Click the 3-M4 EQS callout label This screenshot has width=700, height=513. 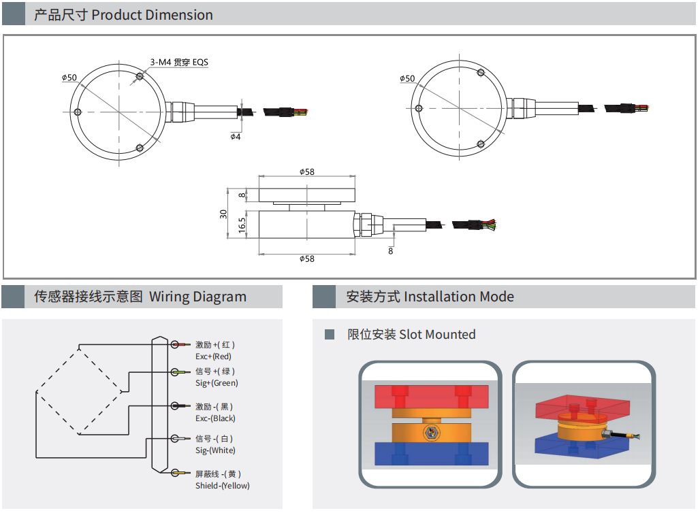178,62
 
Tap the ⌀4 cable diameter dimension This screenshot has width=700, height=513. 236,136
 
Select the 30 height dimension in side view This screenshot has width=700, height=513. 223,213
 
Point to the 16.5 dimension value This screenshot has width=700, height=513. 242,225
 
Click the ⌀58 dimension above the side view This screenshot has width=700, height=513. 307,171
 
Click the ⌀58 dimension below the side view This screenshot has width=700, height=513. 307,259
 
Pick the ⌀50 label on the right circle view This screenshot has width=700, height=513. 407,78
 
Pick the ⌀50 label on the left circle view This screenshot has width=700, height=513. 69,78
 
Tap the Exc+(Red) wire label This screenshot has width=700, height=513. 214,356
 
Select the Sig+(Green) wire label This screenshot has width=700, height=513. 217,383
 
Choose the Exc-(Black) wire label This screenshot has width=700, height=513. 215,418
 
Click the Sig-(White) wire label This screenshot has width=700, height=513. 215,450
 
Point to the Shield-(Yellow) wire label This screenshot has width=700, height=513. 222,486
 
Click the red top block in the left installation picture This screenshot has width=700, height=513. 430,396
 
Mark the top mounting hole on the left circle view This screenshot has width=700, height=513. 140,77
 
